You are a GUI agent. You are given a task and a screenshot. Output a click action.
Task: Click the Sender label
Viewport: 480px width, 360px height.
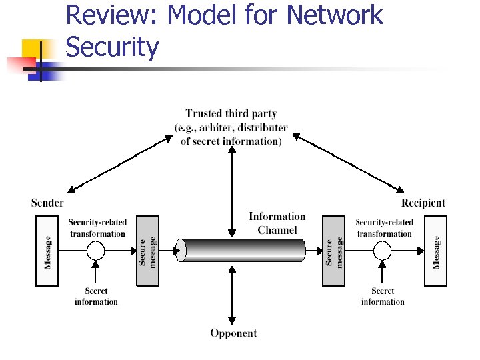47,203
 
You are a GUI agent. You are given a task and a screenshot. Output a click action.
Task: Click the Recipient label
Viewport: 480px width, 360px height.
423,203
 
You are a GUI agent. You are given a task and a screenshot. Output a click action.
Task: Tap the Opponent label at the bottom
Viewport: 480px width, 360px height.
233,333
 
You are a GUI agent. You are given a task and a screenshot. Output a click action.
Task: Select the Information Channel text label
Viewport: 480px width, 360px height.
277,223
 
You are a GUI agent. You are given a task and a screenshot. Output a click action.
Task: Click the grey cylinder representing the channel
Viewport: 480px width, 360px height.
244,251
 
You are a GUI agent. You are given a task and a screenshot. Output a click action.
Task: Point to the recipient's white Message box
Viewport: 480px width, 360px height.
436,251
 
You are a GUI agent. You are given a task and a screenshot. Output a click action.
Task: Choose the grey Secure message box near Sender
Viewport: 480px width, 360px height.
147,251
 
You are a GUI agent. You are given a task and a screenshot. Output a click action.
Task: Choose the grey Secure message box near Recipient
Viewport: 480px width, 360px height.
334,251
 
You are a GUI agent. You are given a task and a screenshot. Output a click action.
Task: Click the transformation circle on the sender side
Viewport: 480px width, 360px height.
96,251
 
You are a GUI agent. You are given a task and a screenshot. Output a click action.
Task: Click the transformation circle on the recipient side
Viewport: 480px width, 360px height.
383,251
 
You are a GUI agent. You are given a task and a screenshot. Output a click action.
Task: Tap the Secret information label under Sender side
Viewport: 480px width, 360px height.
96,297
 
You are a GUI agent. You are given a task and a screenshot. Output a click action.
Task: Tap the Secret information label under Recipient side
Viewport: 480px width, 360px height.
383,297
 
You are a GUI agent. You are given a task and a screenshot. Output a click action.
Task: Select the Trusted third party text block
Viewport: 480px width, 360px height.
231,127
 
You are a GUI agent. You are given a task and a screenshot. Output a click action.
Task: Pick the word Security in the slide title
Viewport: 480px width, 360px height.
113,47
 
